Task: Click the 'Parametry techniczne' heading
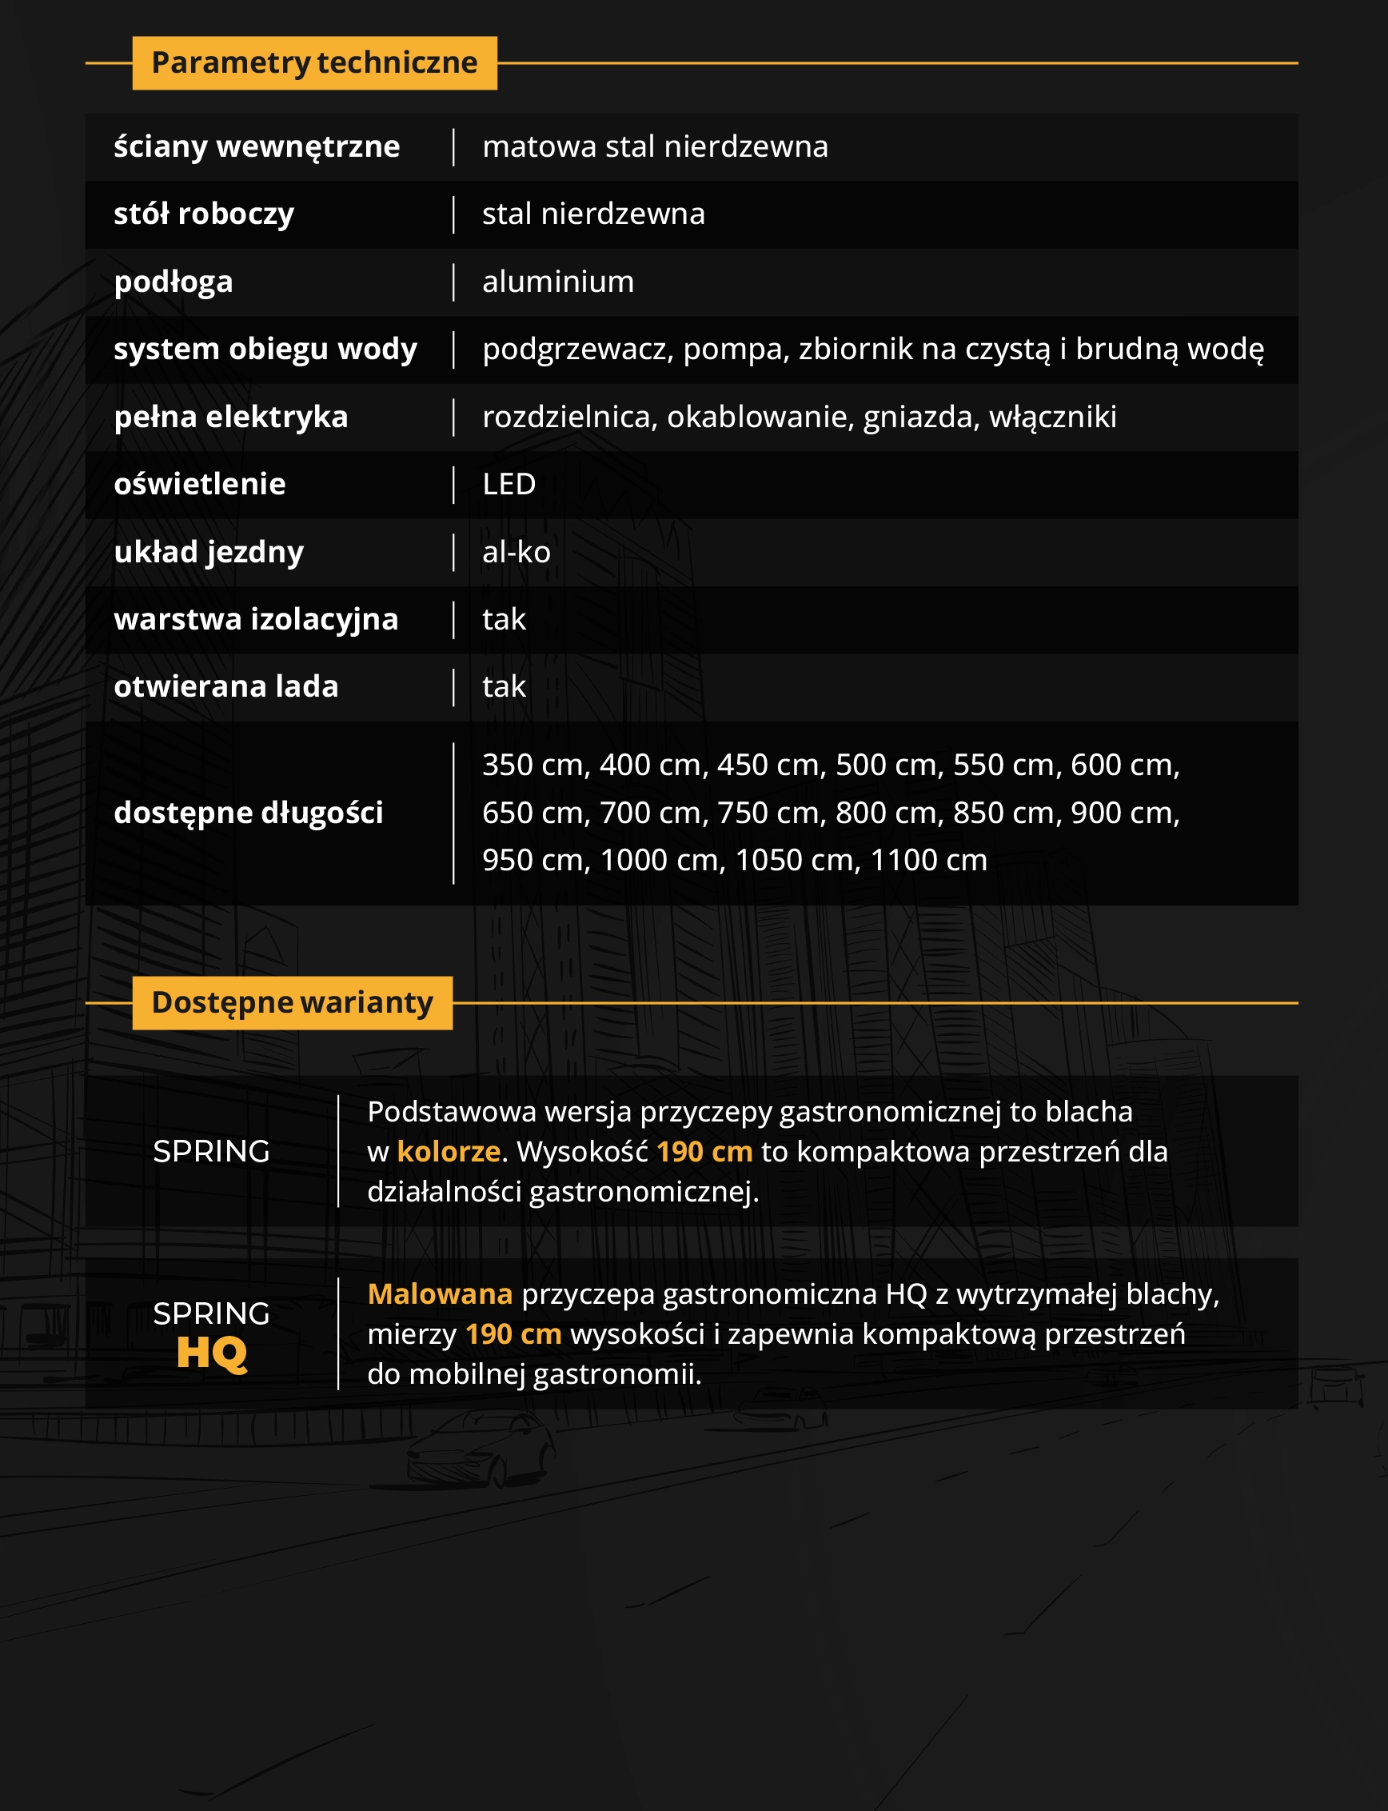click(314, 63)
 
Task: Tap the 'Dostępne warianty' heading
click(292, 1002)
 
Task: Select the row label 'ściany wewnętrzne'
click(257, 147)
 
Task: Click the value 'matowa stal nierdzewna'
click(654, 147)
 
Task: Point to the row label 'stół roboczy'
click(204, 214)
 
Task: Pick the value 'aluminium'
click(558, 282)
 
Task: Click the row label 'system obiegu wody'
click(265, 349)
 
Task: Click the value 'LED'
click(509, 485)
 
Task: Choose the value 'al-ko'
click(517, 552)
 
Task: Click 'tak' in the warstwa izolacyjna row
click(504, 619)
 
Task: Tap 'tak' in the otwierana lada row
click(504, 687)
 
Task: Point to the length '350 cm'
click(536, 766)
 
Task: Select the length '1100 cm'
click(928, 861)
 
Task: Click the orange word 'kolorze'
click(449, 1151)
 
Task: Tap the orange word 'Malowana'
click(440, 1293)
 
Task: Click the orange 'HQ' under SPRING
click(212, 1353)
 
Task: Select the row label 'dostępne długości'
click(249, 814)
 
